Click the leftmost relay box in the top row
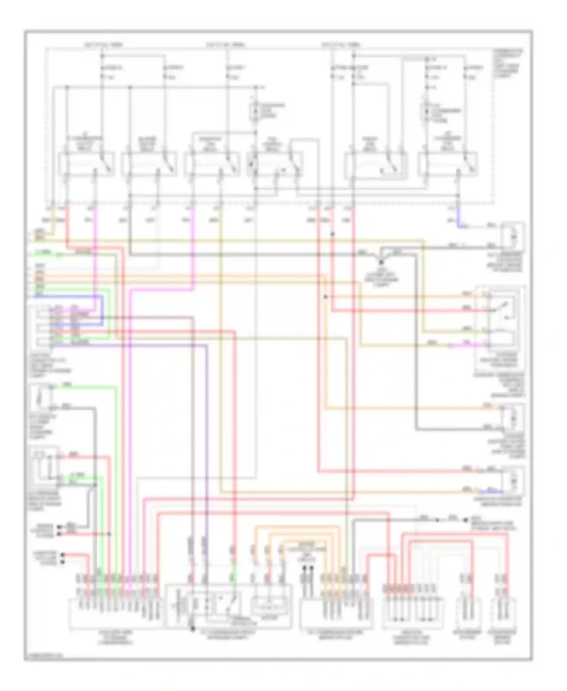click(86, 164)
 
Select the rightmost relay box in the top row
click(448, 164)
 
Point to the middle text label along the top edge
click(225, 45)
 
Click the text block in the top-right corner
click(508, 62)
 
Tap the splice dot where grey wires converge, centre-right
click(381, 262)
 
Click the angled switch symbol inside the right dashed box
click(503, 308)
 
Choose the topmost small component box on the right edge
click(513, 236)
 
